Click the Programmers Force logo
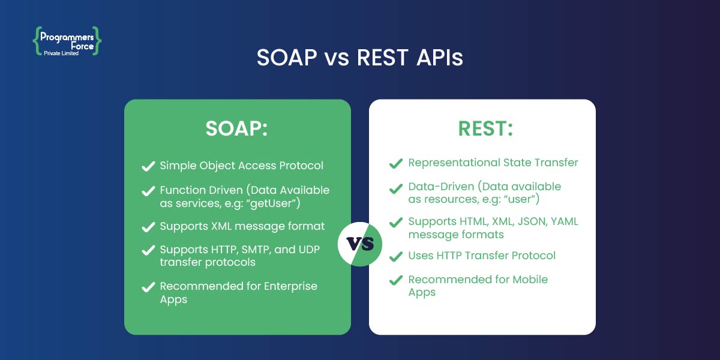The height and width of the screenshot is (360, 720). pyautogui.click(x=67, y=38)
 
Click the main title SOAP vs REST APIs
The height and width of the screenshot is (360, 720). pyautogui.click(x=360, y=58)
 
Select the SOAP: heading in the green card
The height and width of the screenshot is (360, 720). pyautogui.click(x=237, y=129)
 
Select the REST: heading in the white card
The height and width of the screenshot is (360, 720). pyautogui.click(x=482, y=129)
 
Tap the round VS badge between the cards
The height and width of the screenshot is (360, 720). pyautogui.click(x=360, y=244)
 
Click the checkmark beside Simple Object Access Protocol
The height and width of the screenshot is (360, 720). pyautogui.click(x=148, y=166)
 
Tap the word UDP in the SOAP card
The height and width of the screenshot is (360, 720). pyautogui.click(x=306, y=250)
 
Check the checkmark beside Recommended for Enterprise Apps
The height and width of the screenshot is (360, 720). pyautogui.click(x=148, y=287)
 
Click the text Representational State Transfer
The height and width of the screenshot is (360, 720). pyautogui.click(x=493, y=163)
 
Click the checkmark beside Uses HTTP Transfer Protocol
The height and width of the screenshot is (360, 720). pyautogui.click(x=395, y=256)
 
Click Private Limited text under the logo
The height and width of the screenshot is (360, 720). pyautogui.click(x=61, y=53)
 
